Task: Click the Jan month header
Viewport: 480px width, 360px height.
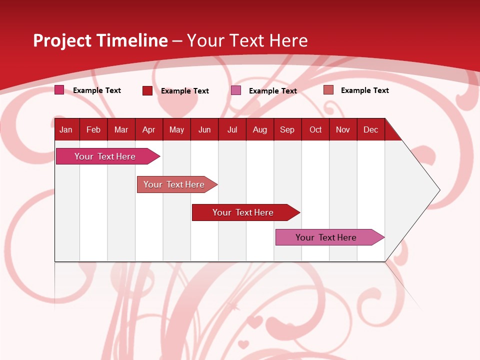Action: tap(66, 129)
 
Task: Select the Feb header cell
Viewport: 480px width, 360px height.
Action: tap(93, 129)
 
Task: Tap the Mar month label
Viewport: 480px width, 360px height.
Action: tap(121, 129)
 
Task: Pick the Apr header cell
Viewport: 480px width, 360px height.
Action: tap(148, 129)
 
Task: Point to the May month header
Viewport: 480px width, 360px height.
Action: tap(176, 129)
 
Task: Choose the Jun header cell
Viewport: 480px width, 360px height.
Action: tap(204, 129)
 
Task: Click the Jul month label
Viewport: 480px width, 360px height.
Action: tap(232, 129)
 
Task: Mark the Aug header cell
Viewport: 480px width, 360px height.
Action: tap(260, 129)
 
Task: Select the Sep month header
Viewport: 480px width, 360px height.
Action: tap(287, 129)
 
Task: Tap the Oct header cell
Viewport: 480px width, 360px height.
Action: tap(315, 129)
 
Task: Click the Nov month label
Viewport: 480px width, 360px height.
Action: tap(343, 129)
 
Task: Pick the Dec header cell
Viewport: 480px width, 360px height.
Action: tap(371, 129)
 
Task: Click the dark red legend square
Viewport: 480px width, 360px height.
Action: tap(147, 90)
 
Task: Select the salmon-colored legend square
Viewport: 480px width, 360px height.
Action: tap(328, 90)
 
